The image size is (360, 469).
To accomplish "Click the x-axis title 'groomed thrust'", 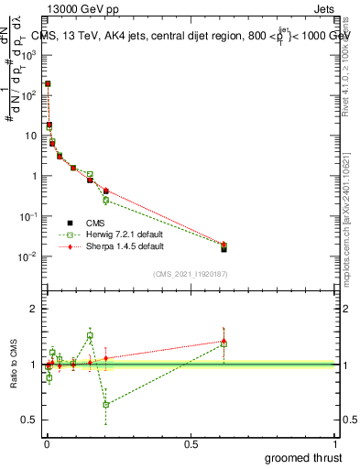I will coord(304,457).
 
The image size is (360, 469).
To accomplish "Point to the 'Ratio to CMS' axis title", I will coord(14,363).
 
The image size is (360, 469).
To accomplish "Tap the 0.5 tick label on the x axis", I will coord(191,444).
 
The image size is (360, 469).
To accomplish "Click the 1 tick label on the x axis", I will coord(336,444).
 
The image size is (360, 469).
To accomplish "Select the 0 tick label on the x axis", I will coord(46,444).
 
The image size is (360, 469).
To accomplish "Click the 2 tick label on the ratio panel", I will coord(33,310).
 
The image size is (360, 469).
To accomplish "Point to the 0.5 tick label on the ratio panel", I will coord(29,420).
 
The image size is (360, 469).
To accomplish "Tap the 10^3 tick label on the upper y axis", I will coord(28,55).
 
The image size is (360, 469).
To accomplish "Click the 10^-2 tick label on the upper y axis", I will coord(28,256).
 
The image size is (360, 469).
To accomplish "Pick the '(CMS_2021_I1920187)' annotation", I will coord(191,274).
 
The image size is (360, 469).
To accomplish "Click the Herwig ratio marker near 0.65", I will coord(106,404).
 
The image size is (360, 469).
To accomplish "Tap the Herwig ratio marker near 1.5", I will coord(90,336).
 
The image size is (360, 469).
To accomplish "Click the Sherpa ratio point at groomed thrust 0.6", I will coord(224,341).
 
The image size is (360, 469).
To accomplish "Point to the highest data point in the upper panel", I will coord(48,83).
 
